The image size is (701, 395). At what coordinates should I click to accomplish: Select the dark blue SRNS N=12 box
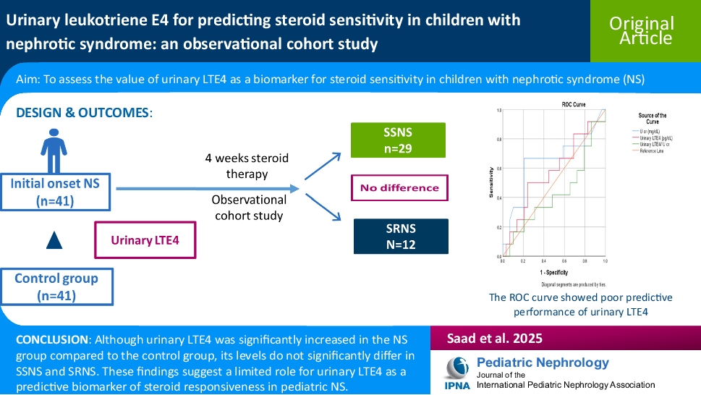tap(400, 236)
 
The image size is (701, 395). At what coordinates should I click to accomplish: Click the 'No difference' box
tap(399, 188)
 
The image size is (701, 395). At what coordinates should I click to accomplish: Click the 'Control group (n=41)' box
tap(56, 286)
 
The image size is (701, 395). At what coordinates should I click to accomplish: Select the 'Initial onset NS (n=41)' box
tap(56, 192)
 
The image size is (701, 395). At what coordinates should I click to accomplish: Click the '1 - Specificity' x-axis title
tap(553, 273)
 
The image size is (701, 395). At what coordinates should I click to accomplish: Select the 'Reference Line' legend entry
tap(652, 150)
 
